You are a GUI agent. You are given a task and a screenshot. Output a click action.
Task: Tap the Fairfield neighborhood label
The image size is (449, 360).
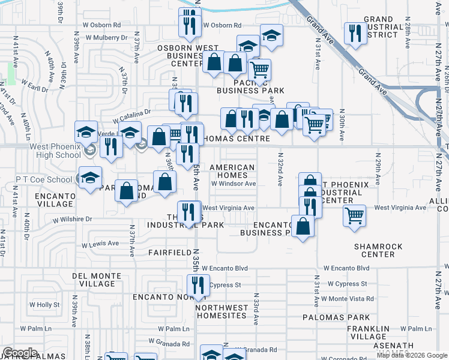click(169, 253)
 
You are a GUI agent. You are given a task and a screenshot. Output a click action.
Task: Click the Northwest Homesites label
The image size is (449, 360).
click(221, 311)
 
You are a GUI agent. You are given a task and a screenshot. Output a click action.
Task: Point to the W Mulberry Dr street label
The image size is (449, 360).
click(108, 37)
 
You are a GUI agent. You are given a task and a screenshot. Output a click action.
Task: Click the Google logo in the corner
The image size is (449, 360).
click(20, 353)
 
